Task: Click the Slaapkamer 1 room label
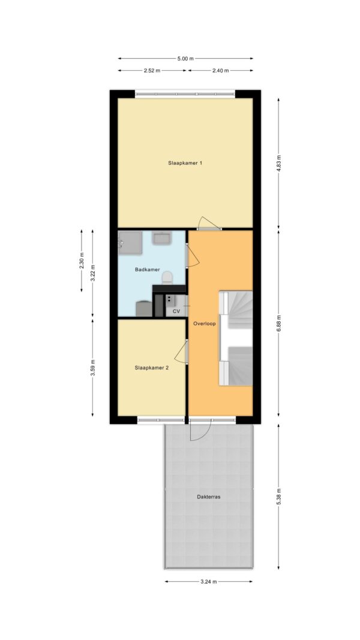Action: pos(185,163)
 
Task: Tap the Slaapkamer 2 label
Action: pos(152,367)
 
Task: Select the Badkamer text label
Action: pos(148,269)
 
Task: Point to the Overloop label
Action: pos(205,323)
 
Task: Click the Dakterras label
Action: pos(209,497)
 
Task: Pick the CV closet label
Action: pos(176,311)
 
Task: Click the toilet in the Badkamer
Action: pos(167,278)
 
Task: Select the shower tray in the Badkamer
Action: pos(130,244)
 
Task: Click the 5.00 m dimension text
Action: pos(185,58)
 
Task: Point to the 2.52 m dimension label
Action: pos(152,70)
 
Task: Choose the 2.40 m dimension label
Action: pos(220,70)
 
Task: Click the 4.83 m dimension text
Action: pos(279,163)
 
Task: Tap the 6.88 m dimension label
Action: pos(279,323)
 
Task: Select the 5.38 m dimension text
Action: pos(279,496)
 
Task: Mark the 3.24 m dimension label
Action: pos(208,582)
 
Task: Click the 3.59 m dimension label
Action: pos(92,368)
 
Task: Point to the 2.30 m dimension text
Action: pos(81,260)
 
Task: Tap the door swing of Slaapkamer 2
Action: pos(181,351)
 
